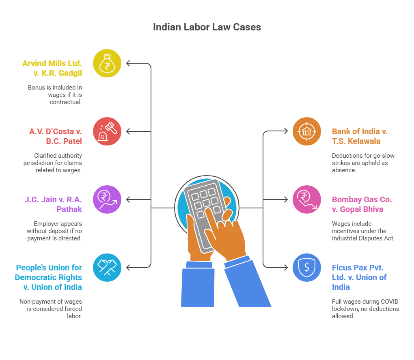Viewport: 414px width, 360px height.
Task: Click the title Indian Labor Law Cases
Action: click(207, 27)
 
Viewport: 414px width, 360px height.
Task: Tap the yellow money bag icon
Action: click(107, 63)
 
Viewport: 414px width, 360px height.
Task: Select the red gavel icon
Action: click(107, 131)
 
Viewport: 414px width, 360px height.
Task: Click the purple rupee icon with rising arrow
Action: click(107, 199)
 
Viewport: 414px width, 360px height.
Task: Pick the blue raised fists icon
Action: click(107, 268)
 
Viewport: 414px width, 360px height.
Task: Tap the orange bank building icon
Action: click(307, 131)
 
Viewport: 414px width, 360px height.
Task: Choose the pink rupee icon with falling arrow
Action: click(307, 199)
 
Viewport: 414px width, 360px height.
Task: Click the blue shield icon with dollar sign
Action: click(307, 268)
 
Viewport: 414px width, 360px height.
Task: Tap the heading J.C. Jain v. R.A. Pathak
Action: click(54, 204)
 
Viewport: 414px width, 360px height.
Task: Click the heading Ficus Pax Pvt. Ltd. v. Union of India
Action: click(359, 277)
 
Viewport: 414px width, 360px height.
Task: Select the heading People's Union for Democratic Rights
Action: click(49, 277)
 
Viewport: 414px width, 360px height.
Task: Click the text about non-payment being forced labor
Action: click(50, 309)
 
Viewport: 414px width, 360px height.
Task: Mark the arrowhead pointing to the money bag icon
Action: click(128, 63)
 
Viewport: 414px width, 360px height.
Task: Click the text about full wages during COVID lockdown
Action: click(365, 309)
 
